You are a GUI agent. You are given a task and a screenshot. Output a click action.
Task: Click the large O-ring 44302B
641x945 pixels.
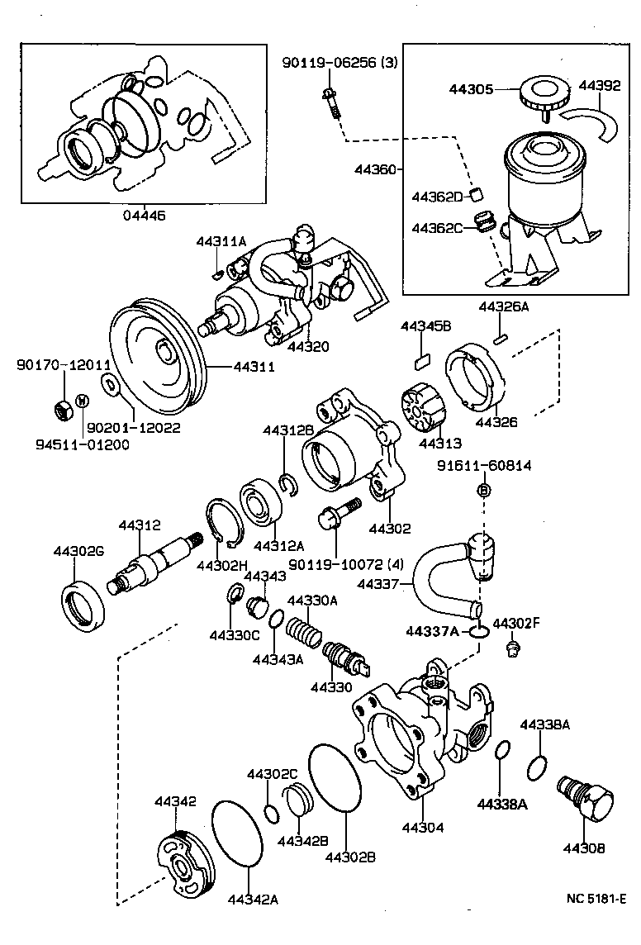(x=335, y=778)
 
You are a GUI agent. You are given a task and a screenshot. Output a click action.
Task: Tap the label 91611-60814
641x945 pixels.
(x=484, y=467)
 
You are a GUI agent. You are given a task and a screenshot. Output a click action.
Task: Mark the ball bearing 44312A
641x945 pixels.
(x=262, y=507)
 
